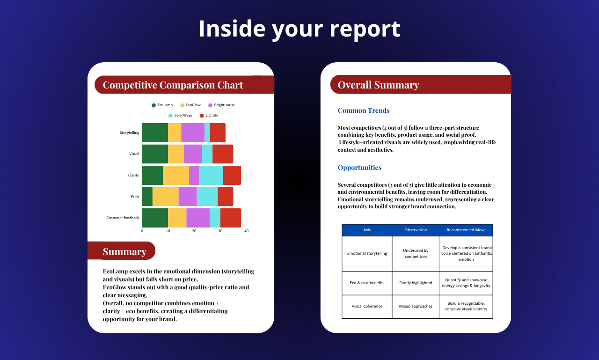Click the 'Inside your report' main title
pos(299,29)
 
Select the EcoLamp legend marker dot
pos(153,105)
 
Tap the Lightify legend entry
pos(209,116)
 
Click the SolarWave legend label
pos(183,115)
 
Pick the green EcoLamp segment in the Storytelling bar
pos(155,132)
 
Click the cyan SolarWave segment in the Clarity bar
pos(211,175)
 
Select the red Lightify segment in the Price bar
pos(226,197)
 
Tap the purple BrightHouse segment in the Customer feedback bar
pos(198,218)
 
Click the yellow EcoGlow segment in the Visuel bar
pos(175,154)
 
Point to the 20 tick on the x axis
pos(194,231)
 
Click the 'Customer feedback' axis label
pos(123,218)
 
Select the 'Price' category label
pos(135,196)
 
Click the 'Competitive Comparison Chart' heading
pos(173,85)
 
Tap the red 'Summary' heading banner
pos(121,250)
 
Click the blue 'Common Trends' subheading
pos(364,110)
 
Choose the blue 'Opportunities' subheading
pos(359,168)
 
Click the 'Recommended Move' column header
pos(466,230)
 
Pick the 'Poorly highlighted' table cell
pos(416,283)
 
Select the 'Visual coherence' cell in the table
pos(367,306)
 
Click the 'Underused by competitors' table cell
pos(416,254)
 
